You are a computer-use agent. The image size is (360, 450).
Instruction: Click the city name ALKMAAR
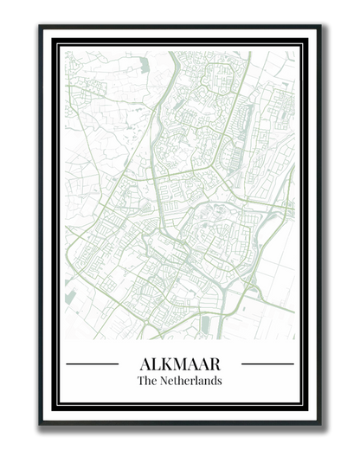180,363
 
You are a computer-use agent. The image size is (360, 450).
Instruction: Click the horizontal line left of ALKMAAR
92,364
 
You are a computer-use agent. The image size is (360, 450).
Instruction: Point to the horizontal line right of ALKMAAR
267,364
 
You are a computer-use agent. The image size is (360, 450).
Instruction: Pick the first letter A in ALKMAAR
145,363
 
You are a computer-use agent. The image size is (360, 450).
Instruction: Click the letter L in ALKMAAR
157,363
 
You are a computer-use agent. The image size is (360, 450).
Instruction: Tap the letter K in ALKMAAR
167,363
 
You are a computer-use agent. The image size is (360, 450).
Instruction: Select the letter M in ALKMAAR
181,363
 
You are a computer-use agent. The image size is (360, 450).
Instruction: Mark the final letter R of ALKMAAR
215,363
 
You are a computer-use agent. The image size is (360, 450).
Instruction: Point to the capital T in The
141,381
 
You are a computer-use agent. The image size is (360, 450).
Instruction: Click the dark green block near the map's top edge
144,64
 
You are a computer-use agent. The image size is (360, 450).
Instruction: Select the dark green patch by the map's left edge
69,297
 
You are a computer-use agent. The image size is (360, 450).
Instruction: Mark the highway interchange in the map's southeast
227,299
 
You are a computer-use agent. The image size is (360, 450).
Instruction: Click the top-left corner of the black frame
41,27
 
